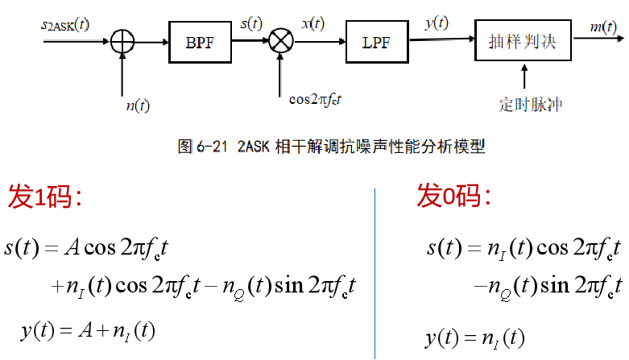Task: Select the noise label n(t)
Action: tap(138, 105)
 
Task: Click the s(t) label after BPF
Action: tap(251, 23)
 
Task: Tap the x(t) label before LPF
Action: tap(312, 23)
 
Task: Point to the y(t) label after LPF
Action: tap(437, 23)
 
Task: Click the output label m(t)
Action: tap(602, 27)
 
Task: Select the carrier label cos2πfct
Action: tap(321, 99)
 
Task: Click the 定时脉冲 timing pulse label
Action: tap(527, 106)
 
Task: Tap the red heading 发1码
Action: tap(45, 196)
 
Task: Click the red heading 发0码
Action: tap(453, 196)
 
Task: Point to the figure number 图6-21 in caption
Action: tap(205, 147)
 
